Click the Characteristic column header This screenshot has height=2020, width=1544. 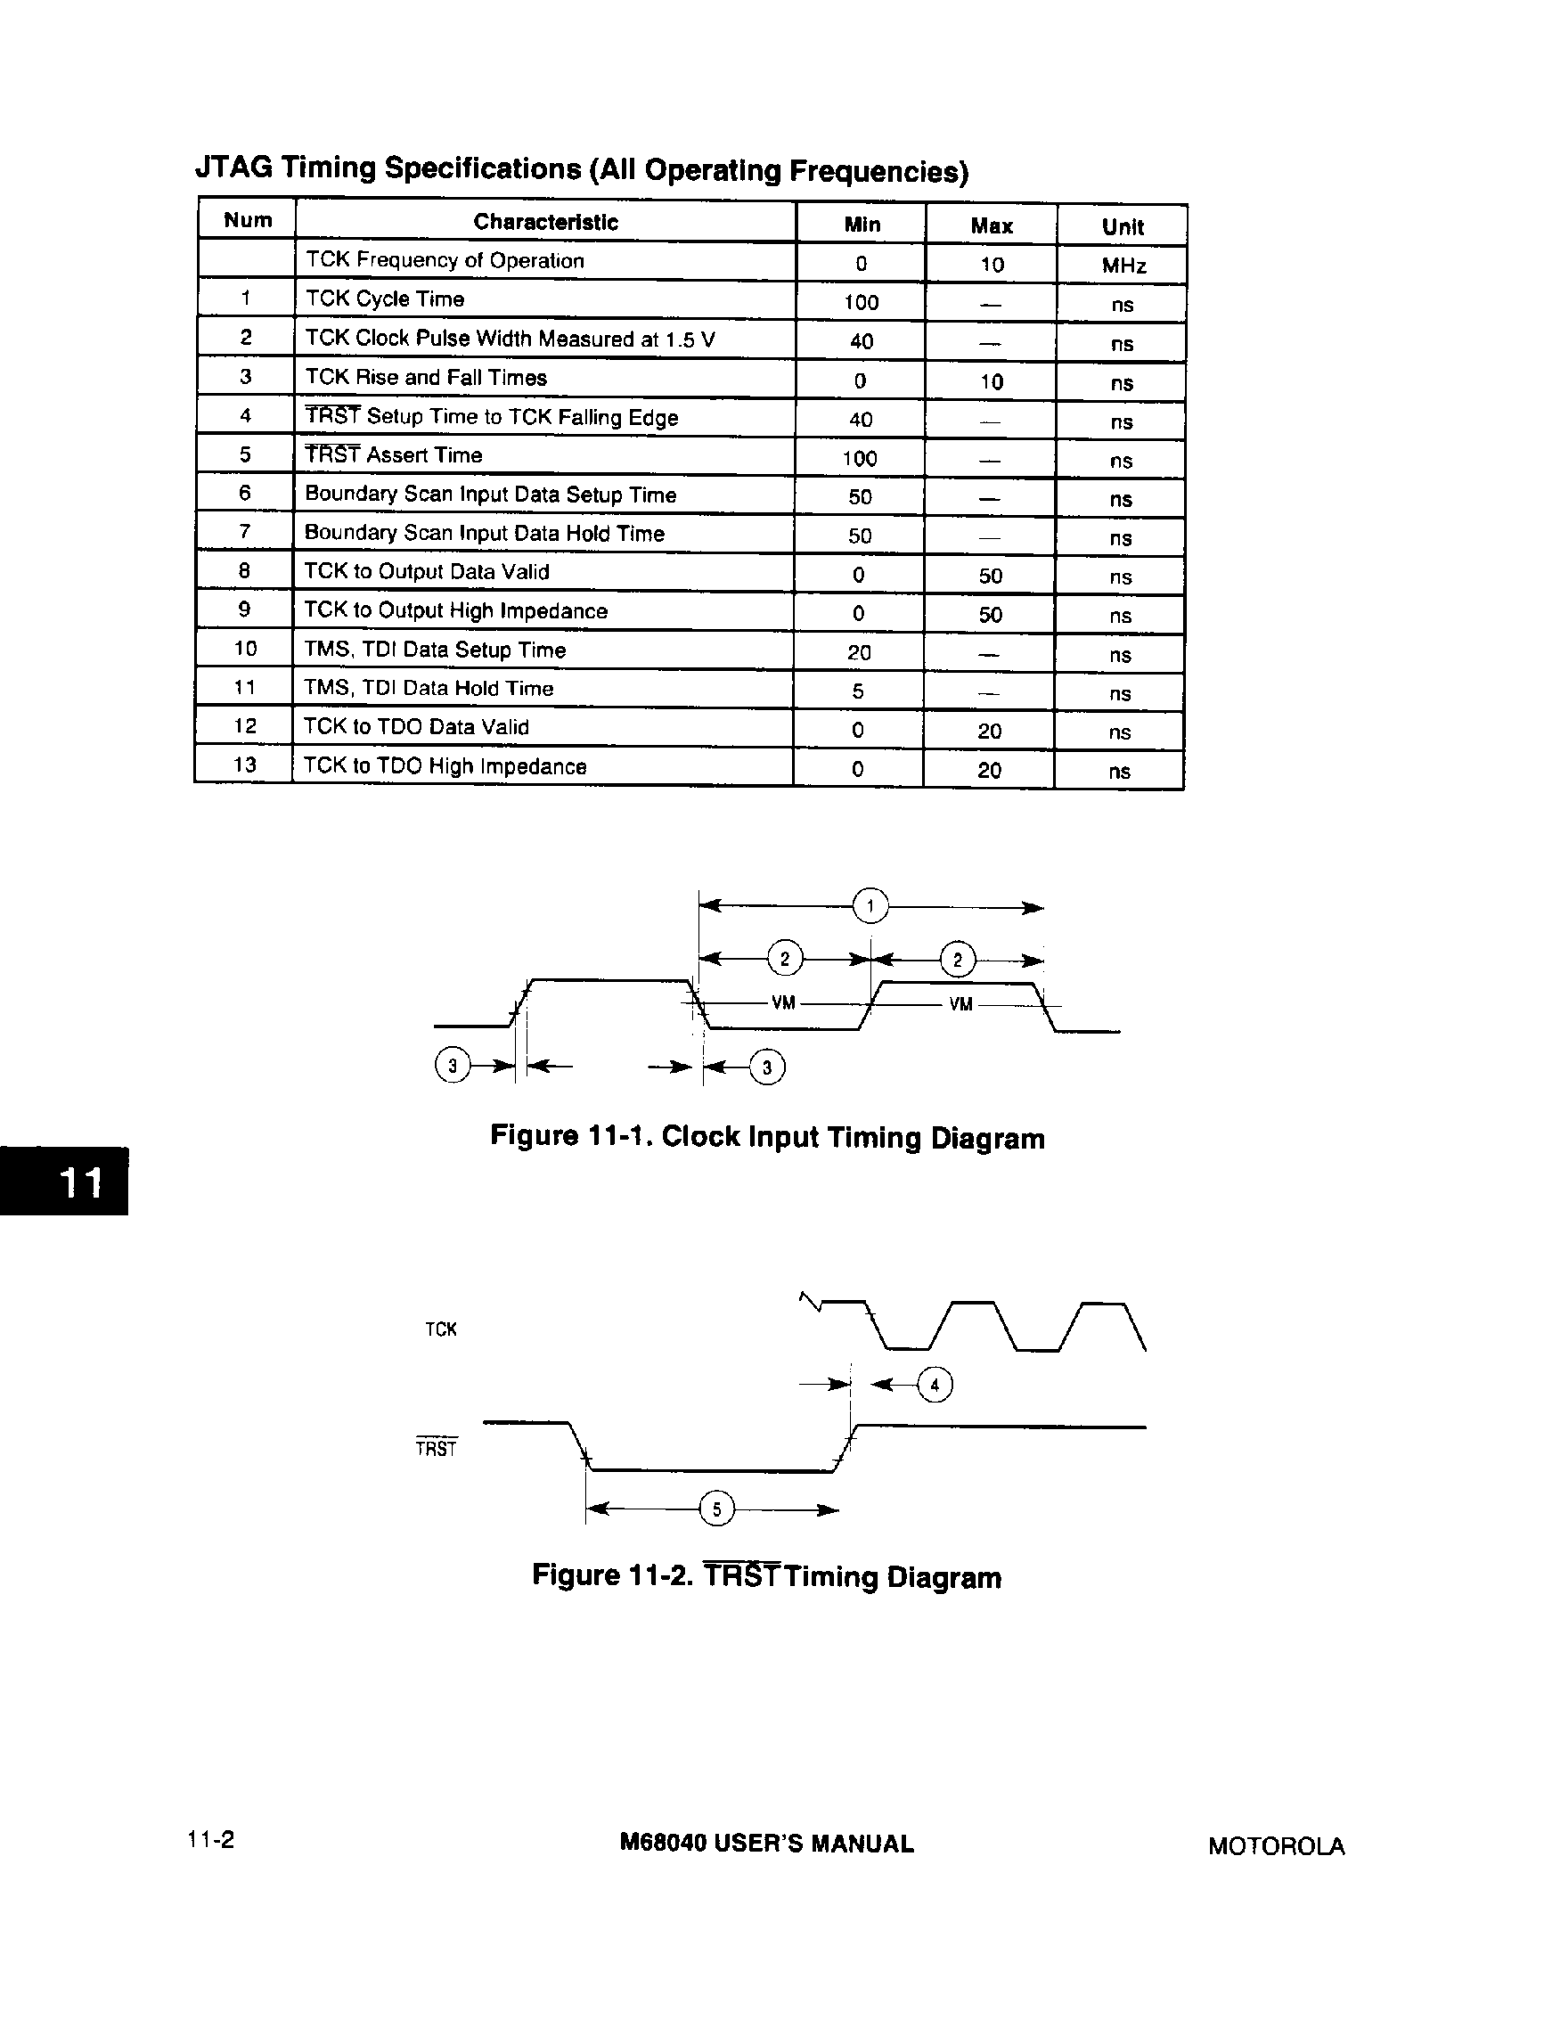[x=545, y=222]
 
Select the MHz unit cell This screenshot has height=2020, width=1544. [x=1123, y=266]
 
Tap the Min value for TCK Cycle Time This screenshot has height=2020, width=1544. [x=862, y=302]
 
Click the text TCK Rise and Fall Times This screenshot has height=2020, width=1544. [x=426, y=378]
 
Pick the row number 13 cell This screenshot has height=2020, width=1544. [x=244, y=765]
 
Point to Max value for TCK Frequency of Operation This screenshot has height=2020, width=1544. [x=992, y=265]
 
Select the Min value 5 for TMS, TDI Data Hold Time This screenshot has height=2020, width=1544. [x=857, y=691]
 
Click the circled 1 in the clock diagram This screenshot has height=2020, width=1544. [x=870, y=906]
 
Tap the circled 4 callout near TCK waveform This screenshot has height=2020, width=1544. [x=935, y=1384]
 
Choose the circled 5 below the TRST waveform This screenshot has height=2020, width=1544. [x=717, y=1509]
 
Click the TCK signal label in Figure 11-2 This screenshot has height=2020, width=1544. [x=440, y=1329]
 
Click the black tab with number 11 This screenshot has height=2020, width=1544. [x=64, y=1181]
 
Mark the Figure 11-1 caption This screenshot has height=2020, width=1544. [x=766, y=1137]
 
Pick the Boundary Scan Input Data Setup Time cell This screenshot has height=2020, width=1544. [x=490, y=495]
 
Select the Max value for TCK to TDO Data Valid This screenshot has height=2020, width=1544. [x=989, y=732]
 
